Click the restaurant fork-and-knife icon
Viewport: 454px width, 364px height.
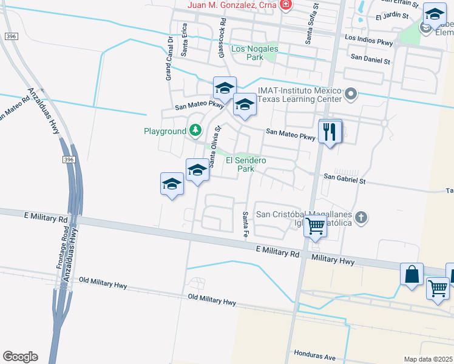[x=330, y=131]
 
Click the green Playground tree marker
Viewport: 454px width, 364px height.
[x=195, y=130]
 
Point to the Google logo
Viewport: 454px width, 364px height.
[x=20, y=357]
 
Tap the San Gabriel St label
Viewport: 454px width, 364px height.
[x=345, y=180]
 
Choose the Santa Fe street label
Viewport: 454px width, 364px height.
[x=246, y=224]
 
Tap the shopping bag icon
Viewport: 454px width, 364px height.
[x=412, y=274]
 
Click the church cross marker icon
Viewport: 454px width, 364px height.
[x=361, y=217]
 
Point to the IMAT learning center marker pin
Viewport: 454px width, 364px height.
[x=351, y=94]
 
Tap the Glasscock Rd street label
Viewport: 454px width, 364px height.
[x=222, y=43]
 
